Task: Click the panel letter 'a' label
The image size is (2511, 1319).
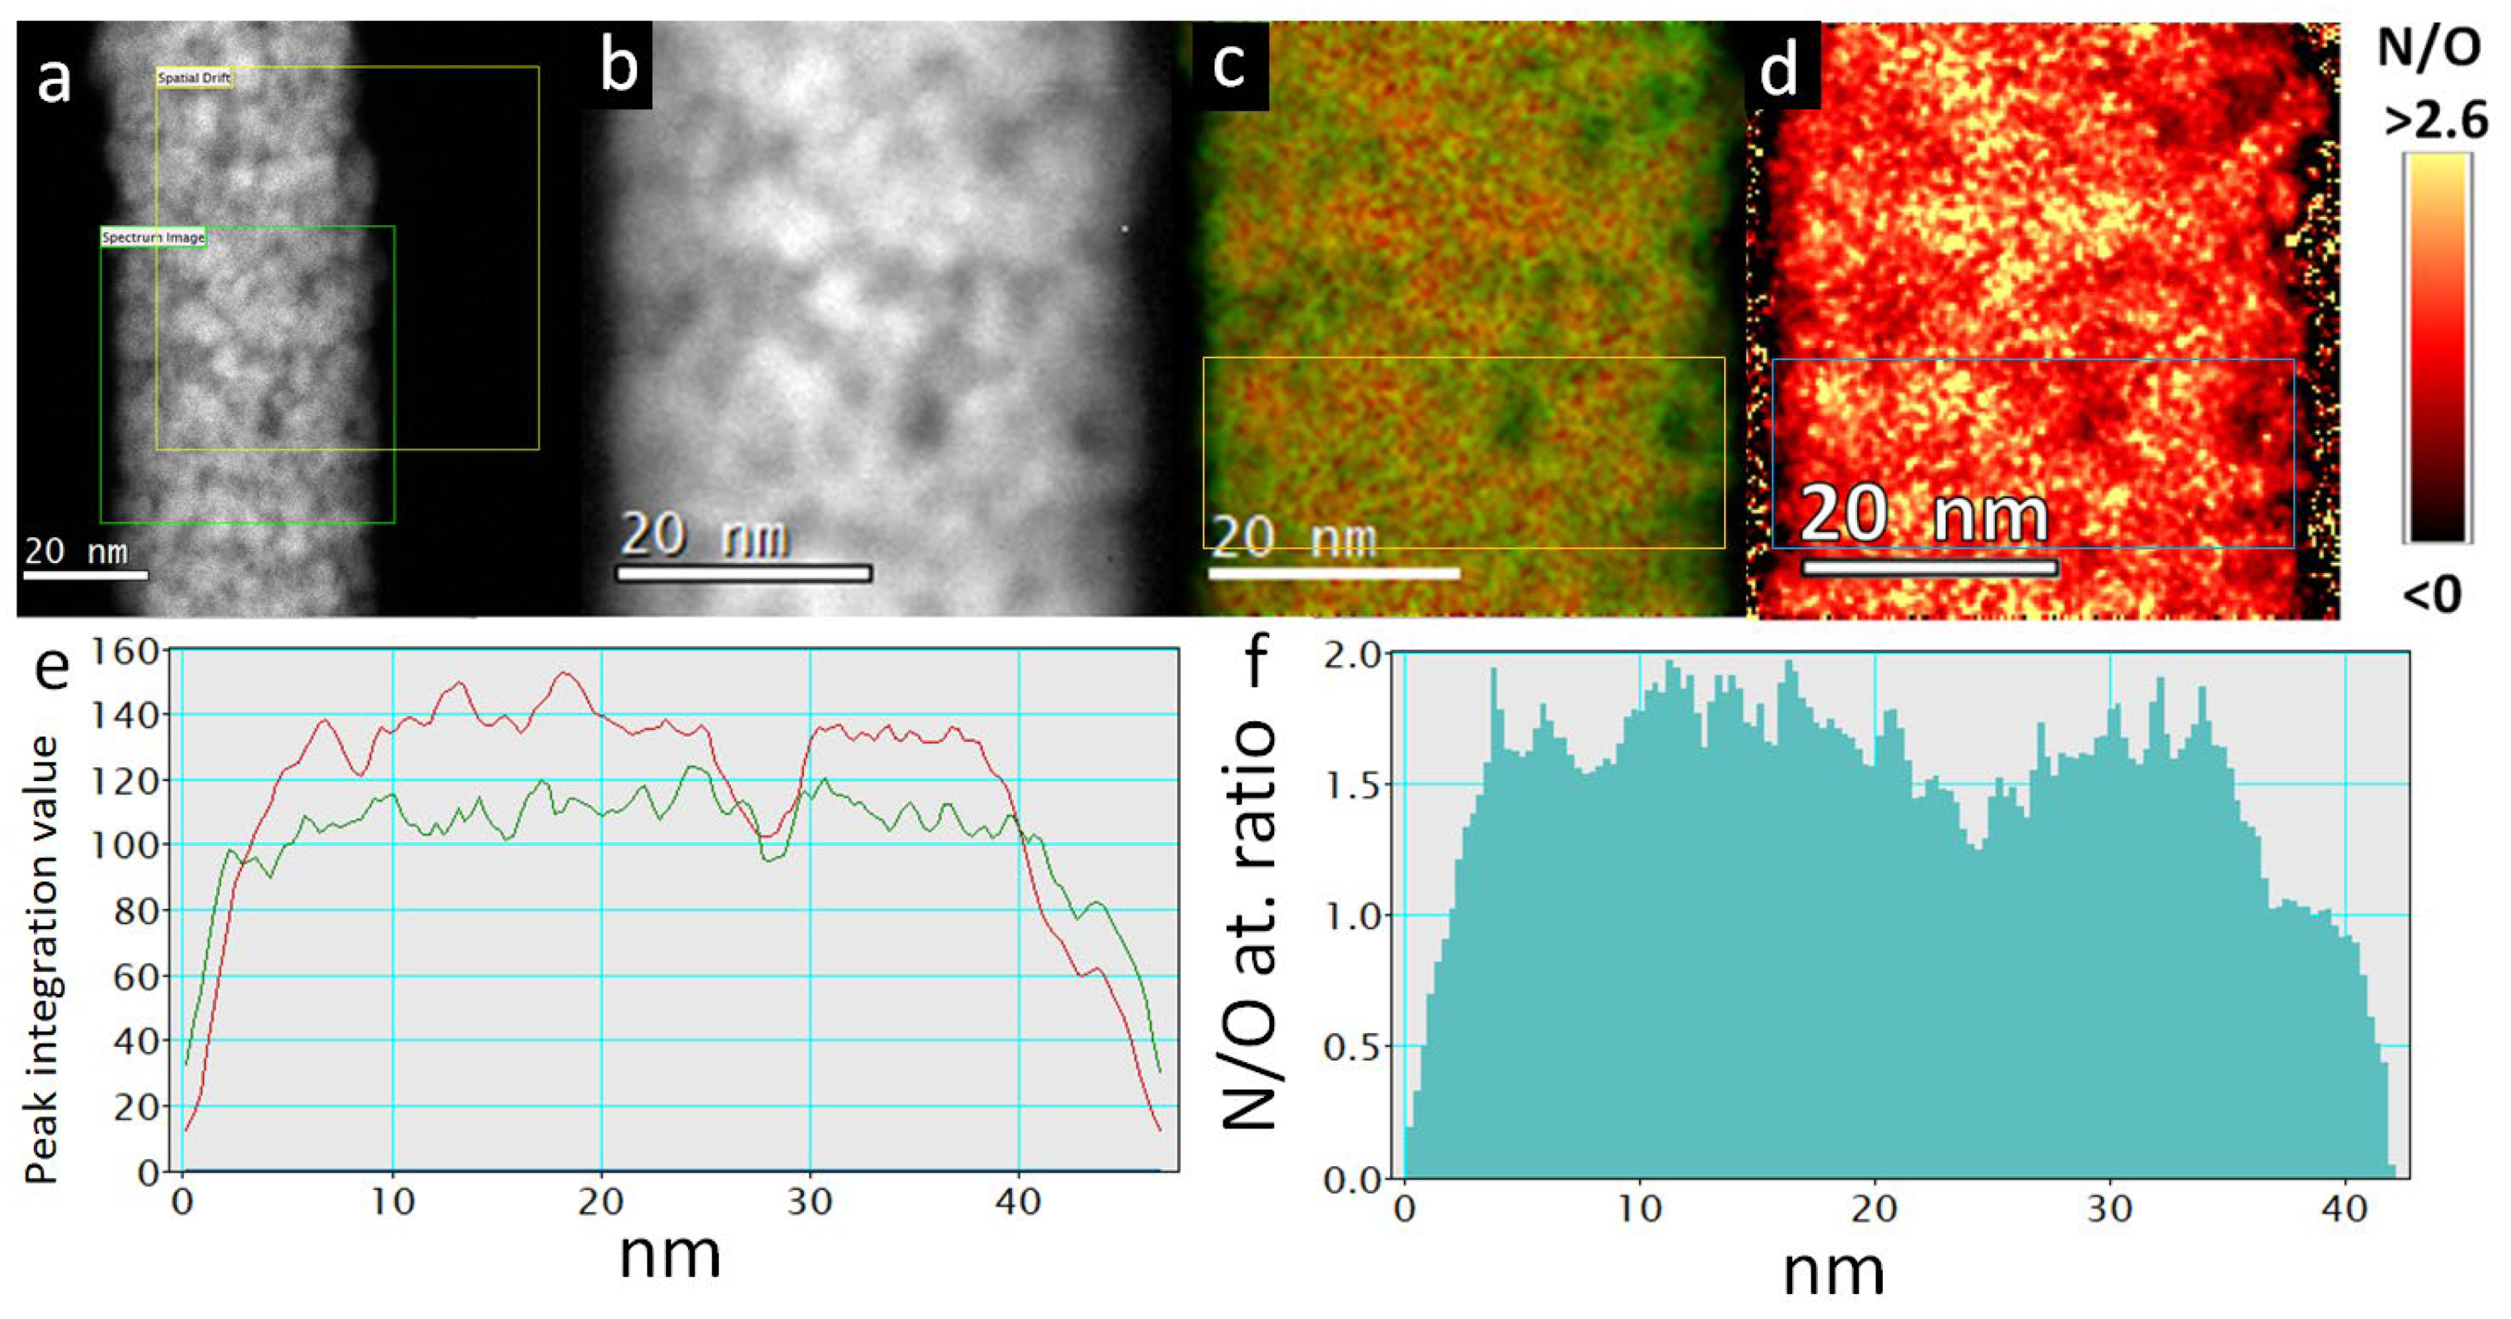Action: [53, 78]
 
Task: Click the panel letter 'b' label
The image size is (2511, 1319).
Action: [620, 66]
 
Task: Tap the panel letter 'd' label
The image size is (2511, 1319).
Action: [1780, 70]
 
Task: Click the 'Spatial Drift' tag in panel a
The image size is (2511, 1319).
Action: [194, 78]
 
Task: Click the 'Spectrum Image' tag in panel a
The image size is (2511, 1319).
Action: [153, 237]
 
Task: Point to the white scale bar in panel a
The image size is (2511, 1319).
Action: [86, 575]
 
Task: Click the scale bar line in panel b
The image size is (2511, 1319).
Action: [744, 573]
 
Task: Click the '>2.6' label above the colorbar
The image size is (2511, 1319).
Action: [2435, 122]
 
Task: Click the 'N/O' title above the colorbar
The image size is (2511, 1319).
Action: [2428, 47]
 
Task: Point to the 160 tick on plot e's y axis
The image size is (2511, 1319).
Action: [124, 650]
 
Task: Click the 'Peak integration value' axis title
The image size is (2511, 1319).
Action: [41, 960]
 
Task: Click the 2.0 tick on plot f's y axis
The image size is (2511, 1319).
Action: [1353, 654]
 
